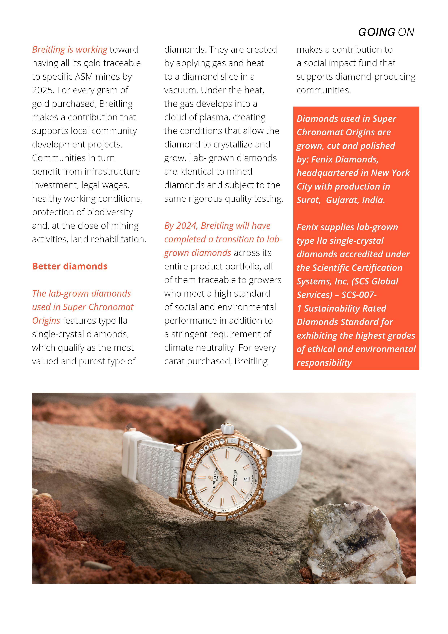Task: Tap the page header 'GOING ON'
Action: [x=386, y=32]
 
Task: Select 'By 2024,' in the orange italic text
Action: [x=181, y=226]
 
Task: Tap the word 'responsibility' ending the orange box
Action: [x=324, y=363]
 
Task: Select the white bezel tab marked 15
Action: [x=233, y=440]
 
